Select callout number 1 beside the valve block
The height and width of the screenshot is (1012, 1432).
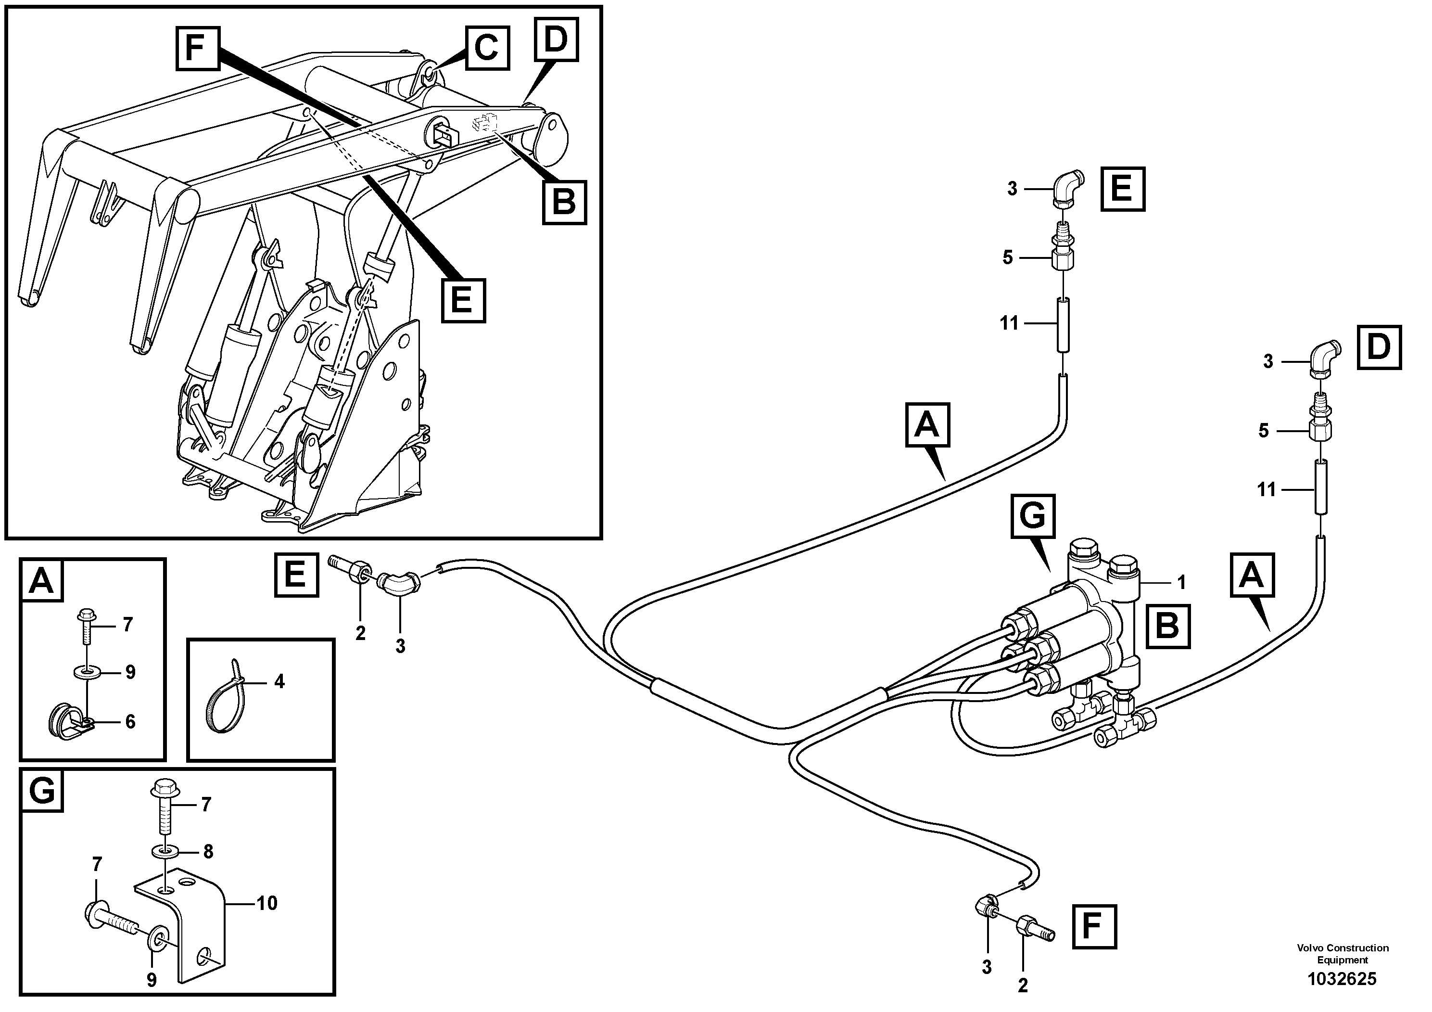coord(1180,582)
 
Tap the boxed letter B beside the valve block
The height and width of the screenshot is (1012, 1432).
coord(1167,626)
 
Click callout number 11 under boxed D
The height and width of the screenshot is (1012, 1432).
coord(1266,489)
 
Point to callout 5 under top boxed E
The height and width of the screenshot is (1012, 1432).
coord(1008,257)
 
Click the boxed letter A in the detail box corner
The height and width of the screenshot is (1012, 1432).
coord(42,580)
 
